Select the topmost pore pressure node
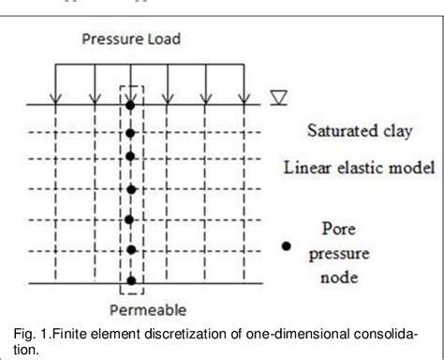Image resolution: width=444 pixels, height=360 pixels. coord(131,105)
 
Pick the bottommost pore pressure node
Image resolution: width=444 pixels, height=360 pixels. coord(131,279)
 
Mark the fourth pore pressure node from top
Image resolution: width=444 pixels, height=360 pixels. coord(131,192)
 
